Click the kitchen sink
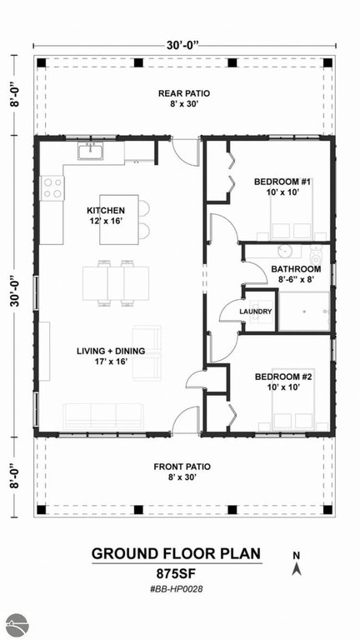point(91,151)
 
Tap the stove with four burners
point(52,188)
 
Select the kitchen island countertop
point(119,220)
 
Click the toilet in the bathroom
point(317,256)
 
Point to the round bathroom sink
point(283,252)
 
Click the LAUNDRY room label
point(256,312)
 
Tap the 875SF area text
point(177,573)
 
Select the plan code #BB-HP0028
point(177,589)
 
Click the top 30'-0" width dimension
point(182,45)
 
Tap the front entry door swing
point(184,419)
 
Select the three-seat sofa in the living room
point(103,417)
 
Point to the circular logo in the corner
point(17,624)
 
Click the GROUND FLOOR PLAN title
point(176,553)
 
